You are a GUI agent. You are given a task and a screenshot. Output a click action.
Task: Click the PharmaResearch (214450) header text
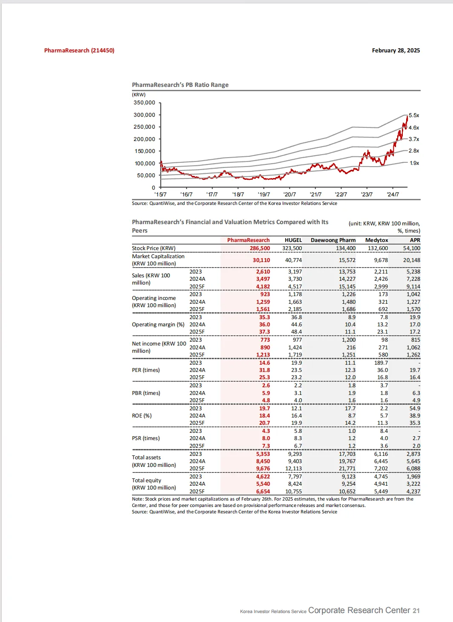(79, 50)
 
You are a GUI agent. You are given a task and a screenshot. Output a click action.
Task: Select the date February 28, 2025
(396, 50)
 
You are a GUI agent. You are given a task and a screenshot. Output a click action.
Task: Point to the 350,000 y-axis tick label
(144, 103)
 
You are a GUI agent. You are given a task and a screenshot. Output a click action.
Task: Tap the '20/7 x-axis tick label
(290, 194)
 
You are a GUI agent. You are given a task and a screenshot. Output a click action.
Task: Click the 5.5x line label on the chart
(414, 115)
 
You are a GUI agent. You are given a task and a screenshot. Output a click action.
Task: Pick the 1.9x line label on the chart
(414, 163)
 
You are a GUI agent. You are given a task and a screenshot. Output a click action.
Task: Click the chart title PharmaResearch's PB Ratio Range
(180, 85)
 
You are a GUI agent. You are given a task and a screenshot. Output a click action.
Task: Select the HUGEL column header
(293, 240)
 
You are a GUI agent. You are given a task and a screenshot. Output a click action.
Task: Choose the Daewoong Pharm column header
(333, 240)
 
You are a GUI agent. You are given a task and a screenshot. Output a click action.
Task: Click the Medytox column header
(376, 240)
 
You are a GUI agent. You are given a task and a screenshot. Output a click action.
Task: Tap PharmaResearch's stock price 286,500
(260, 248)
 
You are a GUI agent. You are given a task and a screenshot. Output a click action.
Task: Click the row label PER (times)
(146, 370)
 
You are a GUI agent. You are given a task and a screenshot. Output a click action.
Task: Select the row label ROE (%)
(142, 416)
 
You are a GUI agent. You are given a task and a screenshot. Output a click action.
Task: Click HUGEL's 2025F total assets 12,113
(293, 469)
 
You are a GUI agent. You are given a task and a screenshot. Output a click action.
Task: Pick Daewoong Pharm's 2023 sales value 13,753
(347, 272)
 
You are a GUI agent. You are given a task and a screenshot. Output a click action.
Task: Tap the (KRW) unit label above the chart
(139, 95)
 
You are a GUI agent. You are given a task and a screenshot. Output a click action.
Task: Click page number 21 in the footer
(416, 610)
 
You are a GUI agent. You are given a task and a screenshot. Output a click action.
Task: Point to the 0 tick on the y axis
(153, 187)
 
